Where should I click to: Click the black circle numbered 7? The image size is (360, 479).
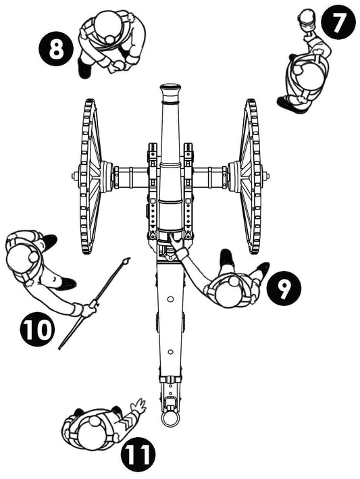coord(338,24)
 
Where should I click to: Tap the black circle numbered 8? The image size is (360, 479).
coord(56,49)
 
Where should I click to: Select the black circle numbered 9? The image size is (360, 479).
coord(284,288)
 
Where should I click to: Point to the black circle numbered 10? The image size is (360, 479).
coord(37,330)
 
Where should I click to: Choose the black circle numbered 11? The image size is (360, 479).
coord(138,455)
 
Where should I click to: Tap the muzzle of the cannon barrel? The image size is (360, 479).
coord(170,89)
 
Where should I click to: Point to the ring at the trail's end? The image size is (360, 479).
coord(170,420)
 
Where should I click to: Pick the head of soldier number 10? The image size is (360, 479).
coord(20,257)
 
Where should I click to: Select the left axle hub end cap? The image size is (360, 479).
coord(74,177)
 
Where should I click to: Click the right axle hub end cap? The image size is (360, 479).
coord(266,177)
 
